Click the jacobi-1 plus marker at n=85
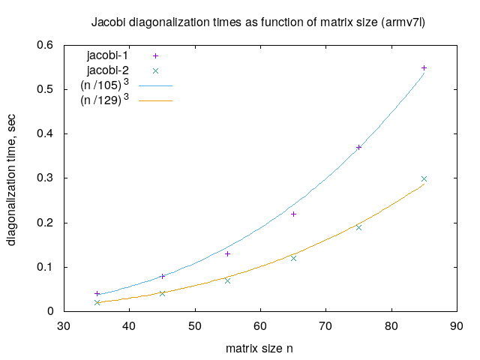(x=424, y=67)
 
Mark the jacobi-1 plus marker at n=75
(x=358, y=147)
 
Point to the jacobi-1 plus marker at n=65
(x=293, y=214)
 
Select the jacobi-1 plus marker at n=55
(x=227, y=253)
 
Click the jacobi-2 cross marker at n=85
(x=424, y=178)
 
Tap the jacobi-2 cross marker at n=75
(x=358, y=227)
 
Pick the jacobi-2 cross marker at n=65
(x=293, y=258)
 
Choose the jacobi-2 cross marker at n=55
(x=227, y=280)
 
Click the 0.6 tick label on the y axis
(x=45, y=46)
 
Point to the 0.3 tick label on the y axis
(x=45, y=178)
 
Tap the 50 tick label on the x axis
(x=195, y=326)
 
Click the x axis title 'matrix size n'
(x=259, y=349)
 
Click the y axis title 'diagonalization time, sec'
(x=13, y=178)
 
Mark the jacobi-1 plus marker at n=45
(x=162, y=276)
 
